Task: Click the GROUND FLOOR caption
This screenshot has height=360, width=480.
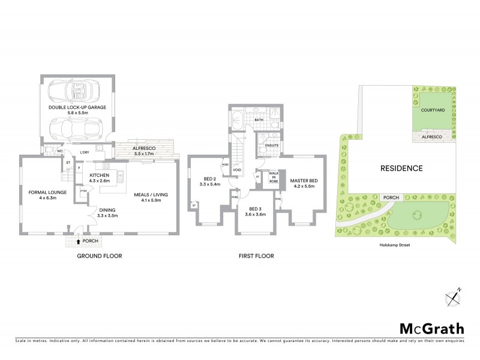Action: pos(99,256)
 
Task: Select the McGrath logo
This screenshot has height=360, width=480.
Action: pos(431,328)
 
